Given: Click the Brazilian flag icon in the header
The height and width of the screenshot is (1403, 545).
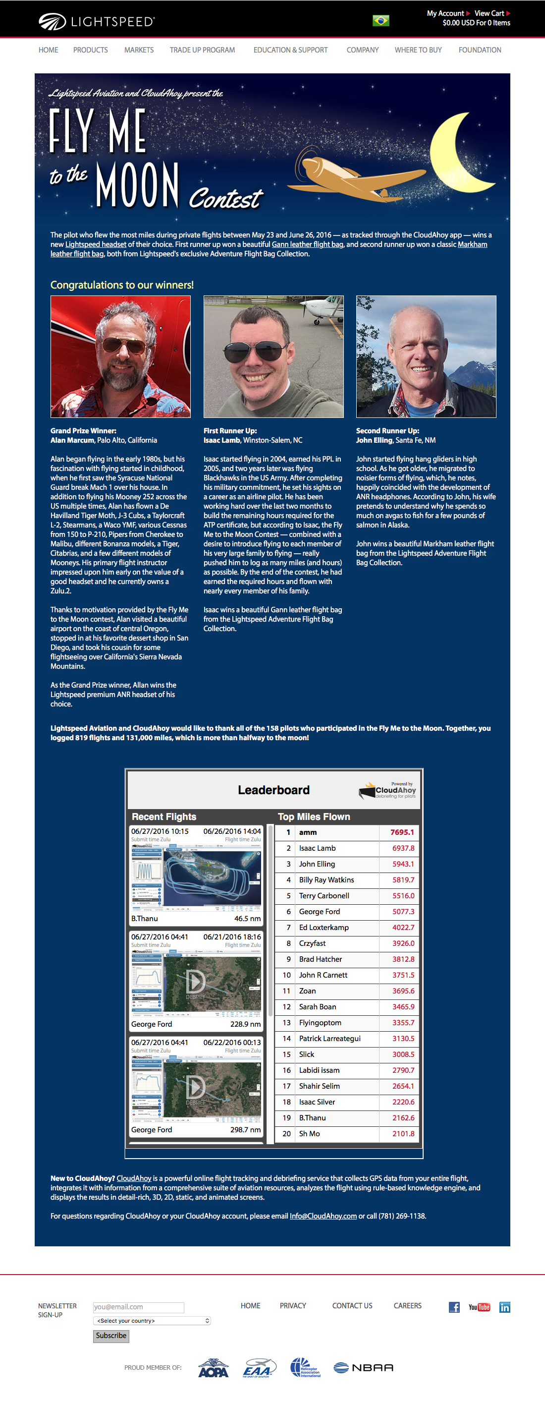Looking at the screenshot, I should [x=381, y=21].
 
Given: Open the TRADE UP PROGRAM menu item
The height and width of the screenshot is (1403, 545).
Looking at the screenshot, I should [x=202, y=50].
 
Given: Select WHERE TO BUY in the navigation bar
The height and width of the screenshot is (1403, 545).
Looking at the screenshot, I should [x=418, y=50].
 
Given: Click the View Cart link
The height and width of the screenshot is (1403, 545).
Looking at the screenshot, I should [x=490, y=13].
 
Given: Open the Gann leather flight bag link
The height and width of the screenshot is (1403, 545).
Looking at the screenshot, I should [x=307, y=244].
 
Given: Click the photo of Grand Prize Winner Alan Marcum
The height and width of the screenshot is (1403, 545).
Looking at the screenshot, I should [x=120, y=357].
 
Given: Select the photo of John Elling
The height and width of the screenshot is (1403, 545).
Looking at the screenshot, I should [x=426, y=357].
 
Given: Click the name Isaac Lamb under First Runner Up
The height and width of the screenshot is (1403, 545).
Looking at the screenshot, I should [x=221, y=440].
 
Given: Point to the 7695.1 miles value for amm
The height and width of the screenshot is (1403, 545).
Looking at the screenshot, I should [x=402, y=832].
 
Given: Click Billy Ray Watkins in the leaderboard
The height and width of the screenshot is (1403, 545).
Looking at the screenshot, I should [x=326, y=879].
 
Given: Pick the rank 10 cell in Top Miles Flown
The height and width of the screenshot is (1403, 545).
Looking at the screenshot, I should [x=287, y=975].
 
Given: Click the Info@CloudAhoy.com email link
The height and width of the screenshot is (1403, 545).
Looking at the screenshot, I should [x=323, y=1216].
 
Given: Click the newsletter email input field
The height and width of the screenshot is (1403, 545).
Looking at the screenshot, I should [x=138, y=1307].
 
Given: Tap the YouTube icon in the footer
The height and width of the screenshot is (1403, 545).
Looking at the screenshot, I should [x=479, y=1307].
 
